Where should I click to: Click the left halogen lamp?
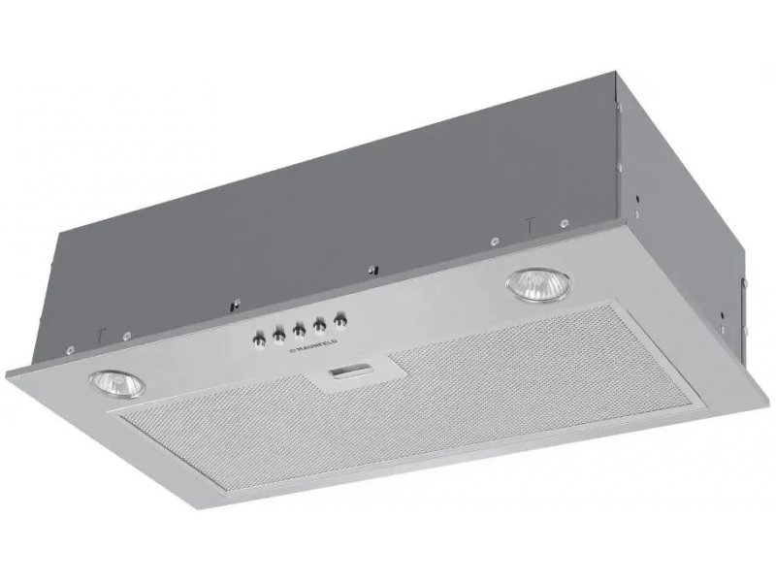click(x=117, y=384)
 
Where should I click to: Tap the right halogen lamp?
click(x=537, y=285)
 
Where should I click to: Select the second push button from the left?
click(x=278, y=336)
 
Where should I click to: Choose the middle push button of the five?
click(x=299, y=330)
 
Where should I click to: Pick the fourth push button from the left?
click(x=320, y=325)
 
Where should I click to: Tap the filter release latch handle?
click(x=350, y=370)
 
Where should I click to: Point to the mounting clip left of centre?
click(x=237, y=304)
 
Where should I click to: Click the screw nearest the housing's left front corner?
click(x=71, y=348)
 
